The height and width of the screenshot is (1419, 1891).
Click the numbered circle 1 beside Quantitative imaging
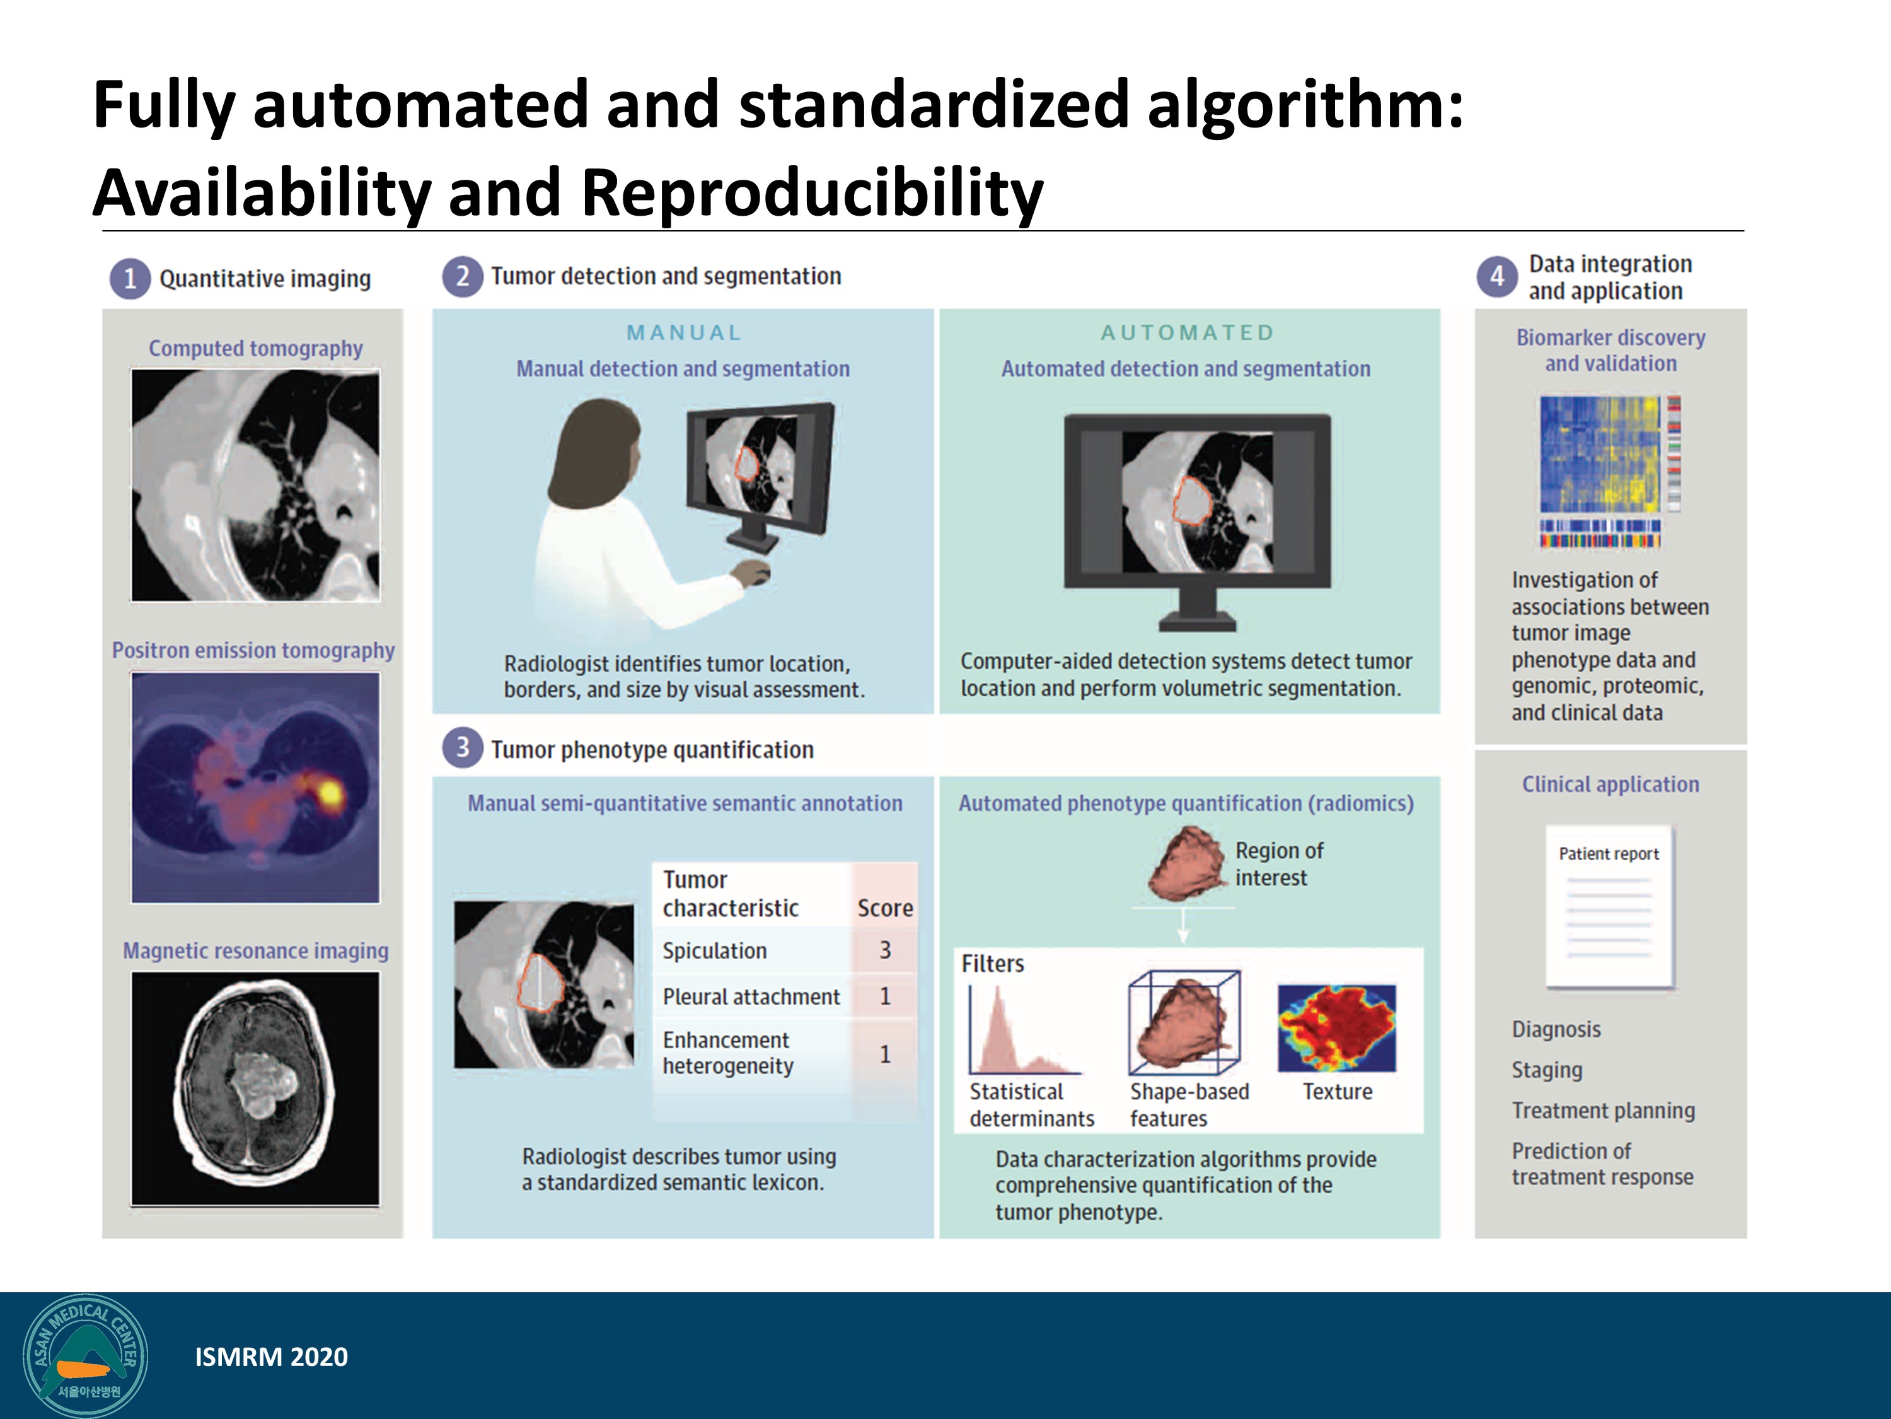click(x=130, y=279)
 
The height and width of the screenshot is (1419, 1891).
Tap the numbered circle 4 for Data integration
click(x=1497, y=276)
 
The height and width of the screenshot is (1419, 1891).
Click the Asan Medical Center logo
click(x=86, y=1357)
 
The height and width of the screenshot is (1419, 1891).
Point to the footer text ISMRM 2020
click(x=271, y=1357)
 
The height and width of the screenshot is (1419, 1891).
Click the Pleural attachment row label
click(x=751, y=996)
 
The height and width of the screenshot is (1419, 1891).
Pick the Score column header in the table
click(x=885, y=908)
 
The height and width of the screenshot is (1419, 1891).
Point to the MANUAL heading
click(x=684, y=333)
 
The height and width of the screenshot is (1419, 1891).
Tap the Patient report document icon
click(x=1610, y=907)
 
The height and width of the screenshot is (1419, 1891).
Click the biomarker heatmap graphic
click(x=1610, y=470)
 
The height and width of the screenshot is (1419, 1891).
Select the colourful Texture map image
click(x=1336, y=1028)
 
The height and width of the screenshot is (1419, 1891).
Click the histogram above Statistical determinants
click(x=1024, y=1031)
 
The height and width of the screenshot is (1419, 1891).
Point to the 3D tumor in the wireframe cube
click(x=1184, y=1024)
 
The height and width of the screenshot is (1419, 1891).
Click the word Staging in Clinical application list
click(x=1546, y=1070)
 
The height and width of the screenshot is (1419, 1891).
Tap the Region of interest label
click(x=1279, y=864)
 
